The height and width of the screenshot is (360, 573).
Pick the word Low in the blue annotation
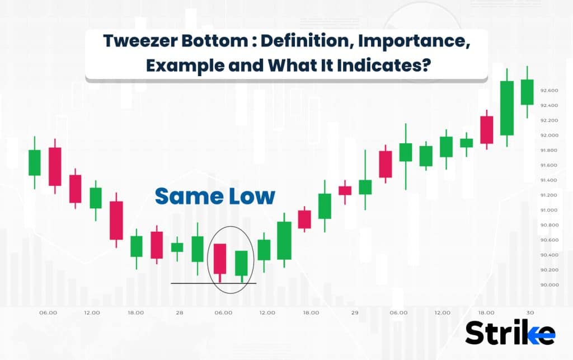[x=251, y=196]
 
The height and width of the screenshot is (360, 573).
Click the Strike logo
[x=510, y=334]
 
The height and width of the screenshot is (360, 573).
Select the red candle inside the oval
[x=220, y=258]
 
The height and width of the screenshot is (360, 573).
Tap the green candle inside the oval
[x=241, y=263]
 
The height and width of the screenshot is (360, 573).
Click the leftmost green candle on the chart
[x=35, y=162]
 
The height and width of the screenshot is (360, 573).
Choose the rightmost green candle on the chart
[x=527, y=92]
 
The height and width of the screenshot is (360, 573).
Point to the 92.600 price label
[x=548, y=90]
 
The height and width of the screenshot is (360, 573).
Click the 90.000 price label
[x=548, y=284]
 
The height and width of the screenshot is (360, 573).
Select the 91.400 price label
[x=548, y=180]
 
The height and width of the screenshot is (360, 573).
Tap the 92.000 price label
[x=548, y=135]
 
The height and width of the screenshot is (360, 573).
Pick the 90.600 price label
[x=548, y=240]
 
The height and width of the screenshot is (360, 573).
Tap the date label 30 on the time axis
[x=530, y=312]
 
